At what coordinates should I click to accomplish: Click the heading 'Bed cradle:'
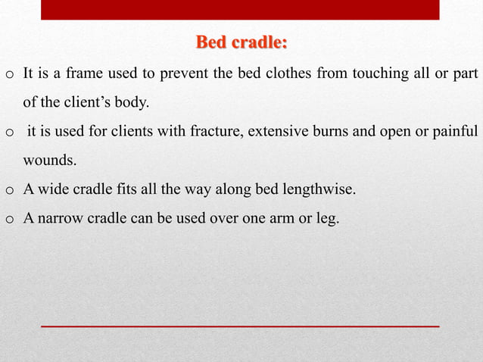coord(241,42)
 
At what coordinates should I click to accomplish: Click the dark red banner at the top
coord(239,9)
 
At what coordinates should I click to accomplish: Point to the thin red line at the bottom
coord(239,325)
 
